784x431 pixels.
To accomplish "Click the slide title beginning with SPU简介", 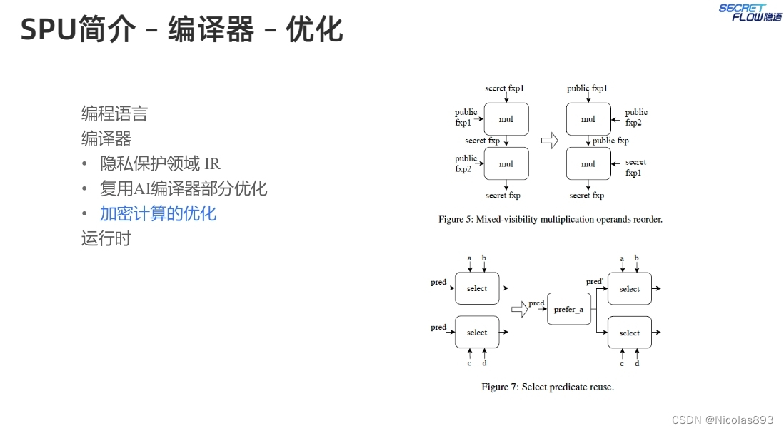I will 181,30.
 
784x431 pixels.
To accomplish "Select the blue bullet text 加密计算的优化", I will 158,213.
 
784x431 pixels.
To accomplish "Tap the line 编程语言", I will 114,113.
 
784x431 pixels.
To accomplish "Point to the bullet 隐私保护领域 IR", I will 160,163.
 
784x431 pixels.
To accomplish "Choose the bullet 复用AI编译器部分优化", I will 184,188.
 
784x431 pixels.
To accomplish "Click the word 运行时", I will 106,238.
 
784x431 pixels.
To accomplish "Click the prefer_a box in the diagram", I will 568,309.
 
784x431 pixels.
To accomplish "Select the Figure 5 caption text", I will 551,219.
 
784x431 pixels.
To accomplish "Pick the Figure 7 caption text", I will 548,387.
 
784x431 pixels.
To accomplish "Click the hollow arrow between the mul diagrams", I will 548,141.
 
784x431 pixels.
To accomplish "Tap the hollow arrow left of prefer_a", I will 519,309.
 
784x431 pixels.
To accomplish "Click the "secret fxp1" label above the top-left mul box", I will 505,88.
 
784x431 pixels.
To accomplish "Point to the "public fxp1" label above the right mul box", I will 587,88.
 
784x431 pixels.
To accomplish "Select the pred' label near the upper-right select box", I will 595,282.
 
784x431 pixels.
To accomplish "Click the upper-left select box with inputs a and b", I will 477,288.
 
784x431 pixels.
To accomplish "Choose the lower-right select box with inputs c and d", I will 629,333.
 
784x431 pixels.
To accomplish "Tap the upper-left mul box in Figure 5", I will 506,119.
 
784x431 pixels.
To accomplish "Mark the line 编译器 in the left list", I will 106,138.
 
